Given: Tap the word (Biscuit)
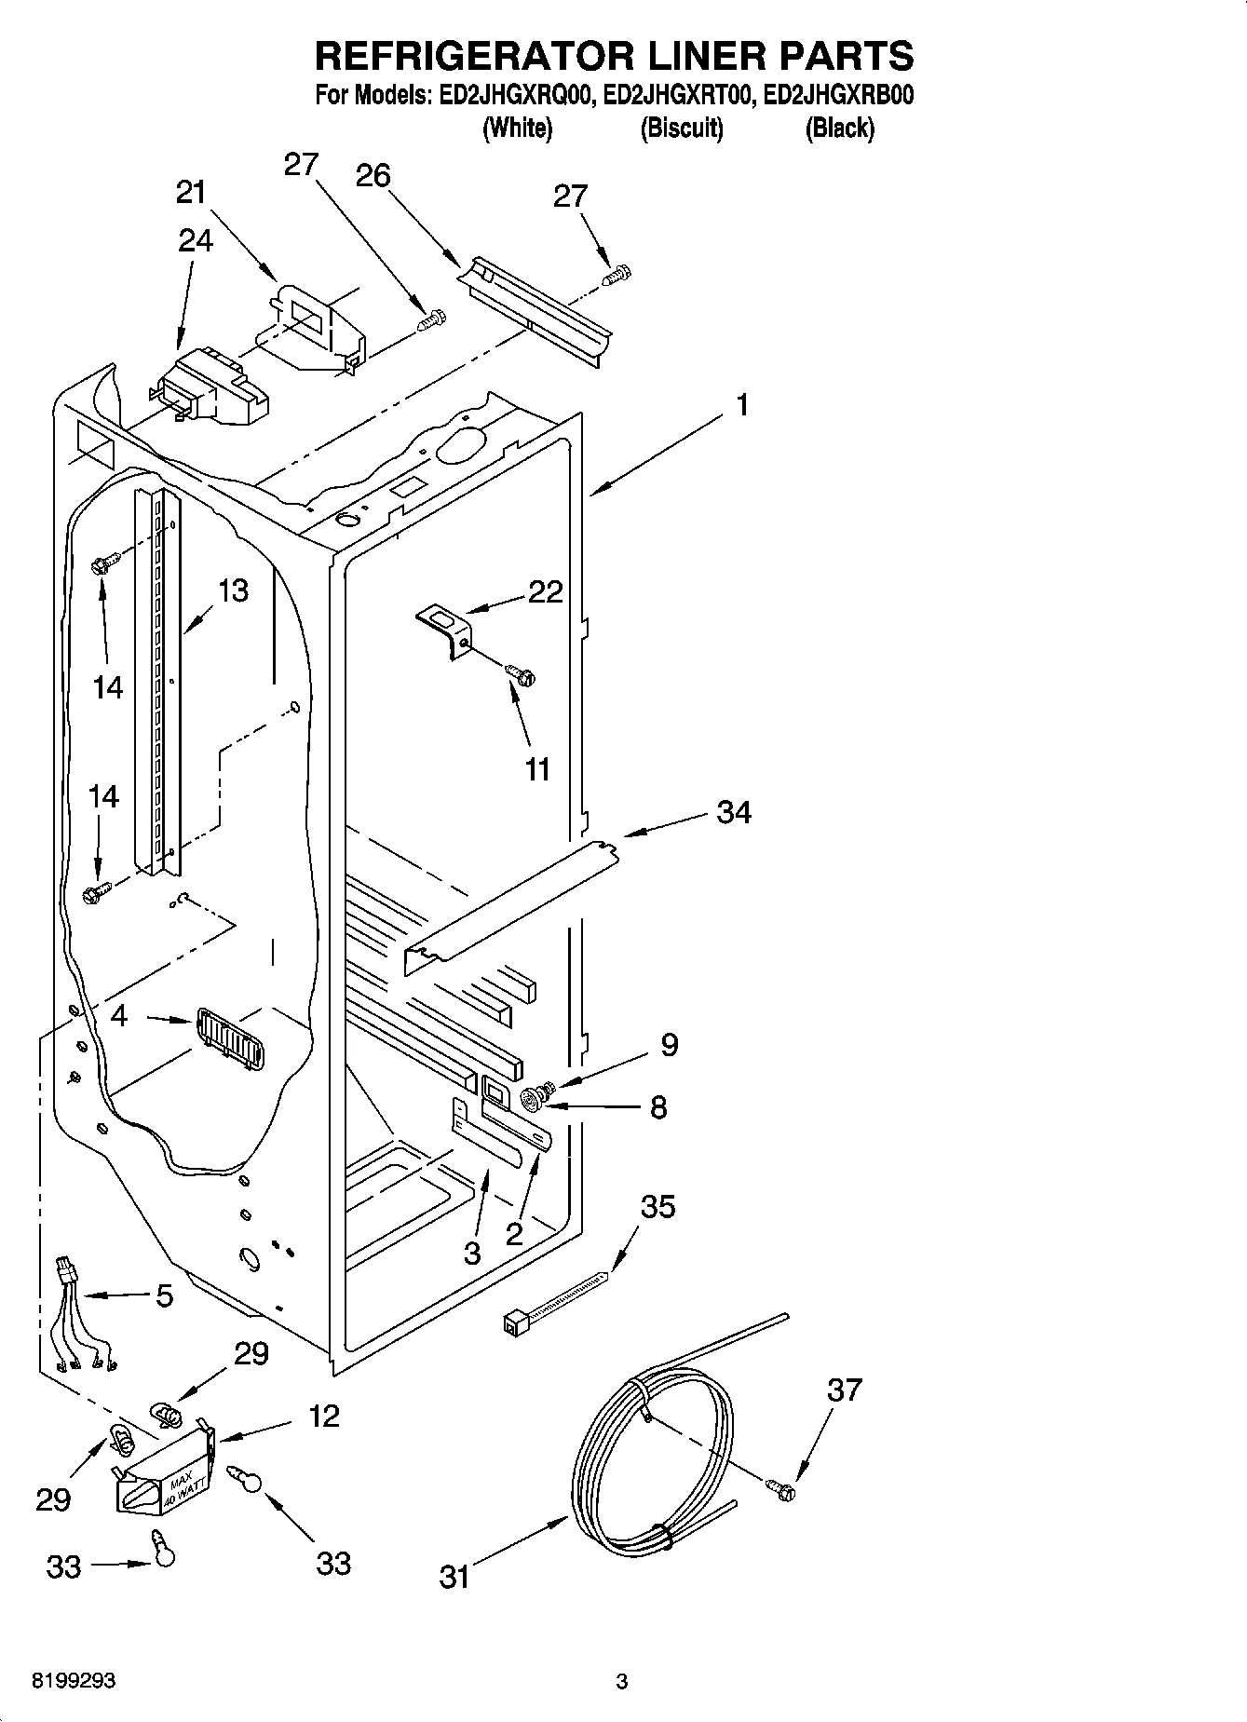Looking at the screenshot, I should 682,129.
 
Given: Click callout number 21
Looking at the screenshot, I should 191,193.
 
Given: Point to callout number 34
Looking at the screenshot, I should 734,812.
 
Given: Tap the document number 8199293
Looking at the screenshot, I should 74,1681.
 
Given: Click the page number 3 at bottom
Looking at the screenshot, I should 622,1681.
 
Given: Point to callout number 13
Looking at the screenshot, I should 233,590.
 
